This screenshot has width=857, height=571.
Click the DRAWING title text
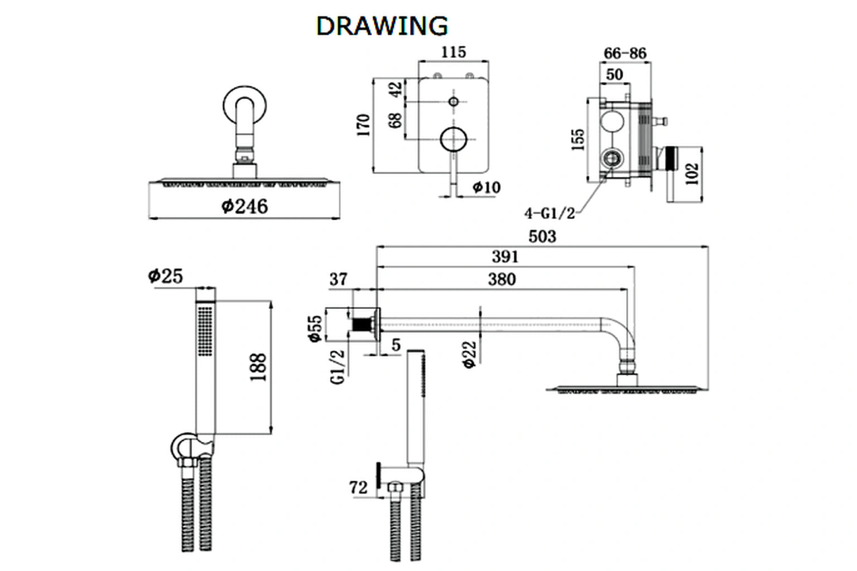(382, 26)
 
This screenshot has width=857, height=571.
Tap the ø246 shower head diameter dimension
(244, 206)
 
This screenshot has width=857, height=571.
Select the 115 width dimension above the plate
(453, 52)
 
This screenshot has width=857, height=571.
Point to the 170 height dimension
(364, 125)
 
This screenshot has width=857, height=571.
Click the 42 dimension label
(395, 89)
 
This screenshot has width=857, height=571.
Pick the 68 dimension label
(395, 120)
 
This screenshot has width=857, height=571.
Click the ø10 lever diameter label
(487, 187)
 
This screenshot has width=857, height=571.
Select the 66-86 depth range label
(625, 53)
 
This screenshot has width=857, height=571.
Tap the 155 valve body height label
(579, 139)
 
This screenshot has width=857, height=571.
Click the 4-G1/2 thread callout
(549, 213)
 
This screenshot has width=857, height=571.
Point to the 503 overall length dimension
(542, 236)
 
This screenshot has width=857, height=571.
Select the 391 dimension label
(505, 257)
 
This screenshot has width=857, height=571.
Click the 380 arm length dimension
(502, 279)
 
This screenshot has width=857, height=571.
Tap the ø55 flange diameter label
(315, 328)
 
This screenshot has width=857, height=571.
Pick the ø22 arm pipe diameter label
(470, 354)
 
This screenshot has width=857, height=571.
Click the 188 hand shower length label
(258, 367)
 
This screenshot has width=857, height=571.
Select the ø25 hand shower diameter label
(165, 275)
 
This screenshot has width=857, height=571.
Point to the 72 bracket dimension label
(359, 487)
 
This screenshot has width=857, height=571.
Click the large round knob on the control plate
(453, 139)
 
